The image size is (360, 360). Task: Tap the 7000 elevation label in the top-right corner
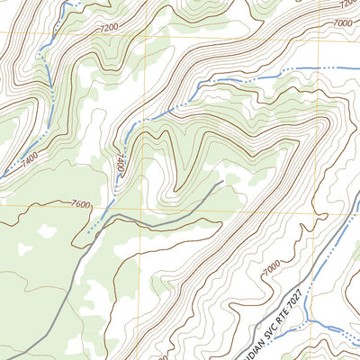(343, 22)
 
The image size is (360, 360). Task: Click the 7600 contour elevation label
(79, 205)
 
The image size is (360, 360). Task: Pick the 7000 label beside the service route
(270, 269)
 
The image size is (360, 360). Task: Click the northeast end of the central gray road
(221, 183)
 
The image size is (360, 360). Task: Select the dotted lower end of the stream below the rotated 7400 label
(90, 236)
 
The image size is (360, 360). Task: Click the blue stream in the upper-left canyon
(40, 67)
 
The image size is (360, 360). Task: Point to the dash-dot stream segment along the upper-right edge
(324, 67)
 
